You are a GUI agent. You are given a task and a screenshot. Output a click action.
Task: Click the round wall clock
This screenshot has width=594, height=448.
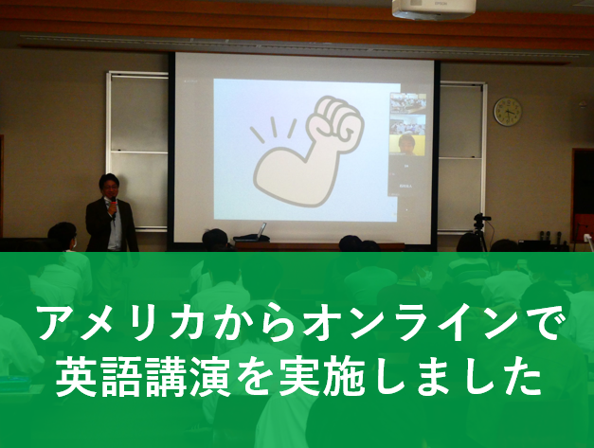(x=507, y=112)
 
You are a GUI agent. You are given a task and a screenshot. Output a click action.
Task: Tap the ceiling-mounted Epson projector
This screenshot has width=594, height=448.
(x=433, y=9)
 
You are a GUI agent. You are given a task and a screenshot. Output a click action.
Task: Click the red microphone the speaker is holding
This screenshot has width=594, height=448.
(x=113, y=207)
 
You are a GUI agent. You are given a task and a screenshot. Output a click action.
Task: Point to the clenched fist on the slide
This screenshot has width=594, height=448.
(x=333, y=120)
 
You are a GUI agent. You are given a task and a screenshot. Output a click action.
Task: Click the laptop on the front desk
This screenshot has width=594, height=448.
(x=252, y=235)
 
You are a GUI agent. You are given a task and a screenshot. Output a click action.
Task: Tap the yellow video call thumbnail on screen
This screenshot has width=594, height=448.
(x=407, y=144)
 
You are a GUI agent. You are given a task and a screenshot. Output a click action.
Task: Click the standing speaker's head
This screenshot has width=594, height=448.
(x=110, y=185)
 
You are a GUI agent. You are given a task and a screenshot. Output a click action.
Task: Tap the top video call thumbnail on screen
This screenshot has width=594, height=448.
(x=408, y=103)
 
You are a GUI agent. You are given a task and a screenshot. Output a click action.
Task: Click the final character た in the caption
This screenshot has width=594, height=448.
(x=521, y=376)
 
